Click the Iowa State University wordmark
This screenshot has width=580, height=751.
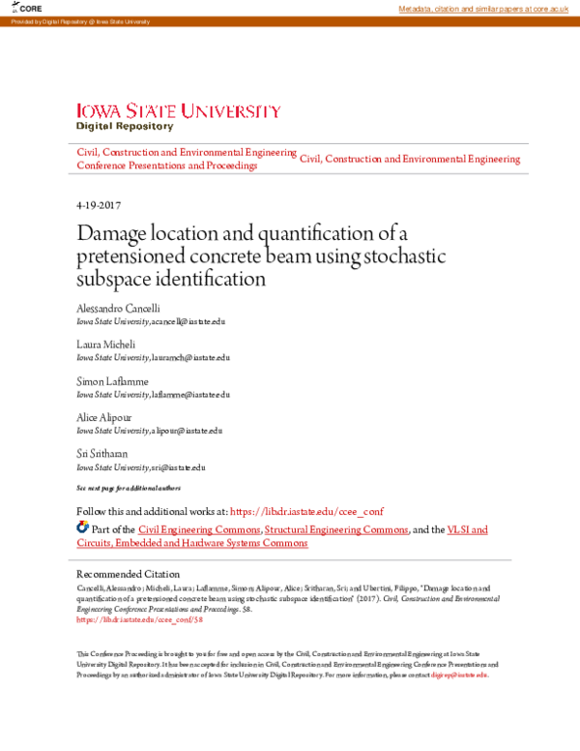point(179,111)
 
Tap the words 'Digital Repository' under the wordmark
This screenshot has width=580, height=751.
point(125,126)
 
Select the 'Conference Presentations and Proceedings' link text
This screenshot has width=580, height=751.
point(166,165)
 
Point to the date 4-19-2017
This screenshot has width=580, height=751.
point(98,205)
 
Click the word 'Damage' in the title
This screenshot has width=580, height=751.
point(115,234)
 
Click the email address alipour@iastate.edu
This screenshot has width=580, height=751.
point(188,431)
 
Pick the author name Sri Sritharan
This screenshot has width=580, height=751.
point(102,453)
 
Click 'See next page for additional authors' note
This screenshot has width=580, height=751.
point(128,488)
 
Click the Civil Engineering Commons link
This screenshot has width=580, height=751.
point(199,529)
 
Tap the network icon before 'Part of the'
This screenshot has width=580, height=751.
point(82,528)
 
